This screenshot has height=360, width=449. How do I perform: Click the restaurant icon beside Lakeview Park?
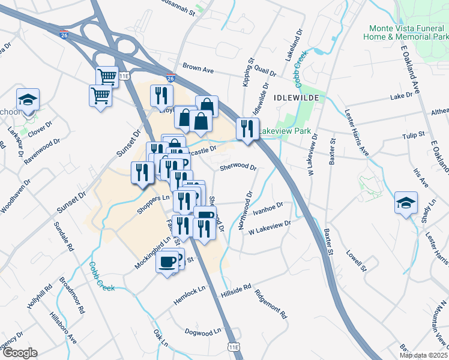(247, 128)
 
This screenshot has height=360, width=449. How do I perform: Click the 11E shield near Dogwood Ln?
(235, 347)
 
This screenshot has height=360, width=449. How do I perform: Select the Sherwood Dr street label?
(238, 168)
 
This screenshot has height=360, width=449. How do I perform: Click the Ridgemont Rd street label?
(271, 304)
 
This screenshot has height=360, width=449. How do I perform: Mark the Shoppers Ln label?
(154, 199)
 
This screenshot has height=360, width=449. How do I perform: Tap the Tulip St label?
(414, 136)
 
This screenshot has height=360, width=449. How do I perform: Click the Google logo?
(19, 353)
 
